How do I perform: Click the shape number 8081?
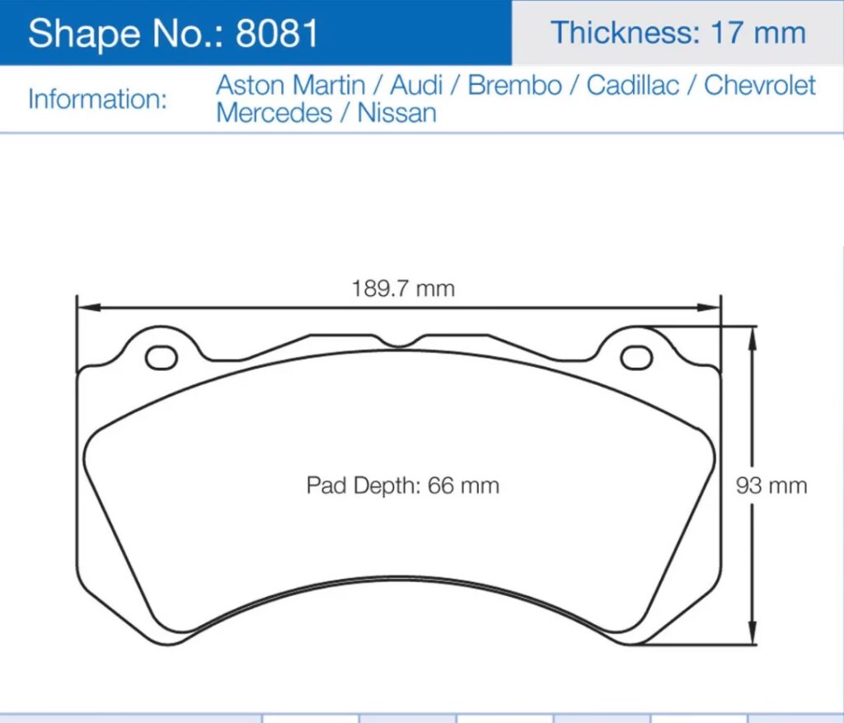pyautogui.click(x=277, y=33)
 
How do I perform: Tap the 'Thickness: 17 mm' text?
pyautogui.click(x=678, y=33)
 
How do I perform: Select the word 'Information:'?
pyautogui.click(x=97, y=100)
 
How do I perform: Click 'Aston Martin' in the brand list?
pyautogui.click(x=291, y=85)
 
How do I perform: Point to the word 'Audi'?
pyautogui.click(x=416, y=85)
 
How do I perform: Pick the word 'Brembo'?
pyautogui.click(x=514, y=85)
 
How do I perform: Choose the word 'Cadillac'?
pyautogui.click(x=632, y=85)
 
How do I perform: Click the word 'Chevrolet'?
pyautogui.click(x=759, y=85)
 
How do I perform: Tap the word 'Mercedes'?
pyautogui.click(x=274, y=113)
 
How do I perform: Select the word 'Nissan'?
pyautogui.click(x=396, y=113)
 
